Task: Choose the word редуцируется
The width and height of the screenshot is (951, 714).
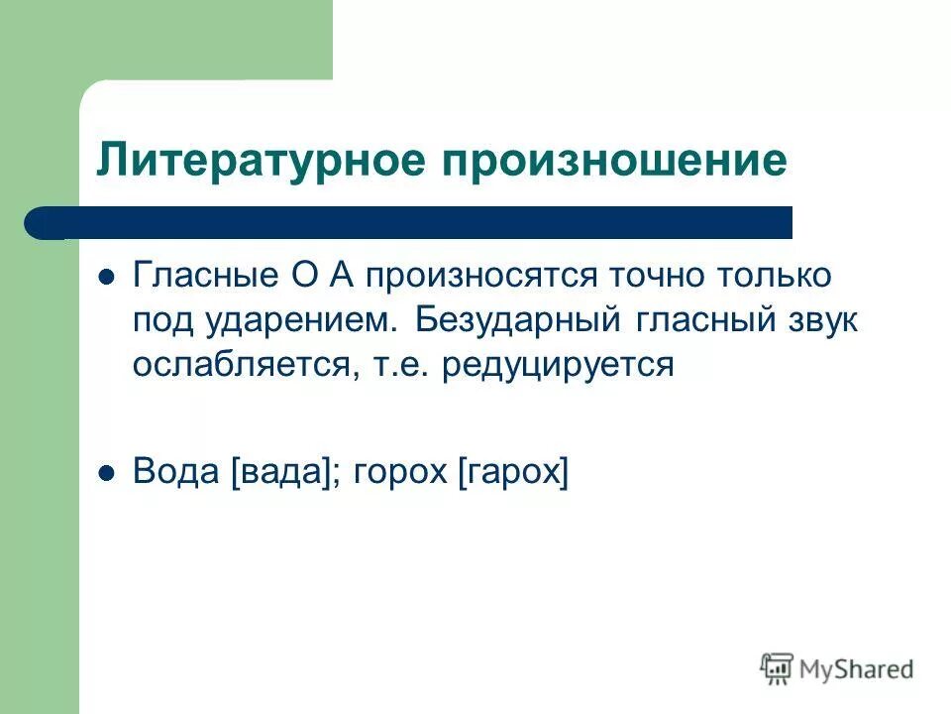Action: point(559,365)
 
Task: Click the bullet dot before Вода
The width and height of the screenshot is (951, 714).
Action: point(108,473)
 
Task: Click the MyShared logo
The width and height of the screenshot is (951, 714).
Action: point(838,668)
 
